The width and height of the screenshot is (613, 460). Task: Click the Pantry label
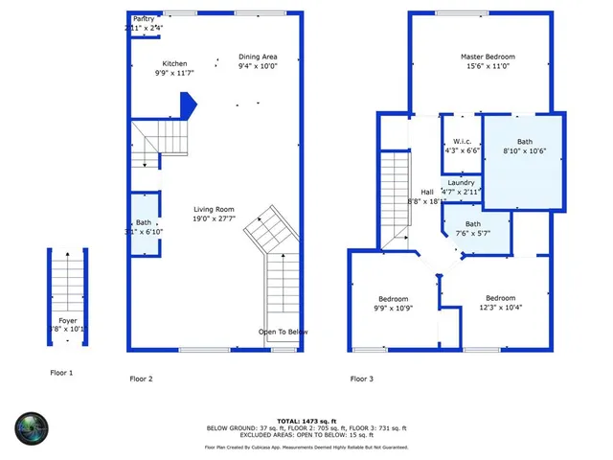pos(145,18)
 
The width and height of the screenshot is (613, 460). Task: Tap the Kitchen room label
pos(174,63)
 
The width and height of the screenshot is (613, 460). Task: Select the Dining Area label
pos(258,57)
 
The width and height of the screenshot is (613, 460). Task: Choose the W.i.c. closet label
pos(462,141)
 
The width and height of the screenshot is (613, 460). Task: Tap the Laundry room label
pos(461,182)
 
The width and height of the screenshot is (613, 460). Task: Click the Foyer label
pos(67,320)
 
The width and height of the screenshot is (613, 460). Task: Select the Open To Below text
pos(284,332)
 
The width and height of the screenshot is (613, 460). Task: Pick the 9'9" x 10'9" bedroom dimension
pos(392,308)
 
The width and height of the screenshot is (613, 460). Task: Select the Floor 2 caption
pos(141,379)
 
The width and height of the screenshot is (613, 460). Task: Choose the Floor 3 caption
pos(361,379)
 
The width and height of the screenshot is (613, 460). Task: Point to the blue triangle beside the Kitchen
pos(189,103)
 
